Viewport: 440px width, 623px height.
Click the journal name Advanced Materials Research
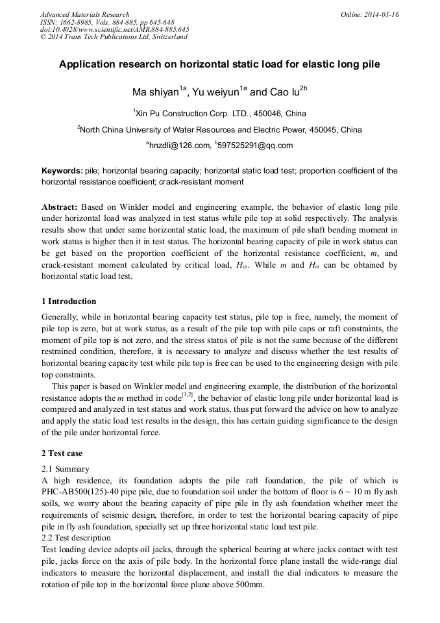click(84, 14)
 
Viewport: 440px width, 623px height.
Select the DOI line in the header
click(114, 29)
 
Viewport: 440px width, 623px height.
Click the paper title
click(219, 65)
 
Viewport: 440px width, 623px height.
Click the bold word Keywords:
click(62, 171)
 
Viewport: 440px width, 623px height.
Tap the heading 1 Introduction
click(69, 301)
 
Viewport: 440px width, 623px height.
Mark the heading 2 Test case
click(62, 453)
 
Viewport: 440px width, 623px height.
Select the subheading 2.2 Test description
click(76, 538)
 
